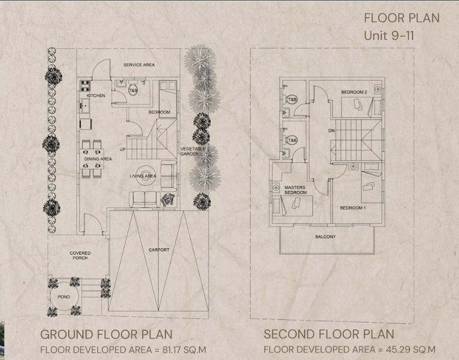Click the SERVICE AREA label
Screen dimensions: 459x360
pyautogui.click(x=139, y=65)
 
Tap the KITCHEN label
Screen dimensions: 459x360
pyautogui.click(x=96, y=95)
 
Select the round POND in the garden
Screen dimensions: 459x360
pyautogui.click(x=64, y=297)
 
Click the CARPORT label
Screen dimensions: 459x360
pyautogui.click(x=159, y=250)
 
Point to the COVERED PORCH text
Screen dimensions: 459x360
pyautogui.click(x=80, y=256)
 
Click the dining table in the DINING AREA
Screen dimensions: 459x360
pyautogui.click(x=92, y=159)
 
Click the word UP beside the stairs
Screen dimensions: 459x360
pyautogui.click(x=123, y=149)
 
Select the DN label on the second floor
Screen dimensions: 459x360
pyautogui.click(x=331, y=130)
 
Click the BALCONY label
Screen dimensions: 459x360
pyautogui.click(x=325, y=237)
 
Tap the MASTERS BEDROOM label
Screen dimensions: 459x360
pyautogui.click(x=295, y=190)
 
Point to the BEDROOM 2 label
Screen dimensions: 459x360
pyautogui.click(x=354, y=92)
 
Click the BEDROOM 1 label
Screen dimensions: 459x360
pyautogui.click(x=353, y=208)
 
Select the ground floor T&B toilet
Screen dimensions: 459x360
pyautogui.click(x=133, y=90)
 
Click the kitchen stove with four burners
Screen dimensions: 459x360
pyautogui.click(x=85, y=86)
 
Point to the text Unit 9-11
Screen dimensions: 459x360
pyautogui.click(x=389, y=35)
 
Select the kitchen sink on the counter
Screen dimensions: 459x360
pyautogui.click(x=85, y=106)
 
